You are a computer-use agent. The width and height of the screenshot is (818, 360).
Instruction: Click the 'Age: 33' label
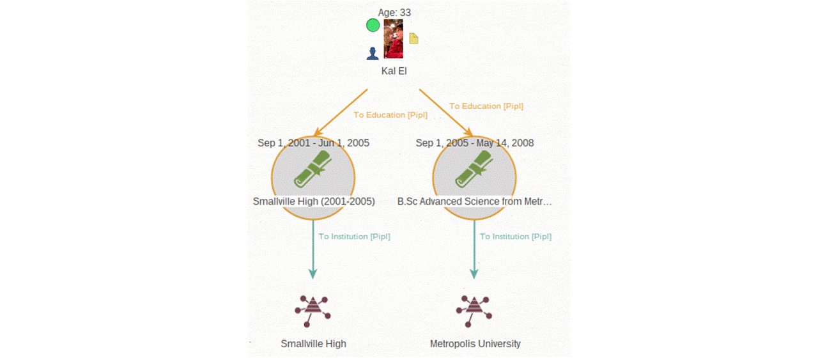coord(394,13)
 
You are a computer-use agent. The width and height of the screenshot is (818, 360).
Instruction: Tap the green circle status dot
coord(373,25)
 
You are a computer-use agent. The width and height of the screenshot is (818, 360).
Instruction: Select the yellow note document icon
coord(413,38)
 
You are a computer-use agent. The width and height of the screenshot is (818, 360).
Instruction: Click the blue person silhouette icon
coord(373,53)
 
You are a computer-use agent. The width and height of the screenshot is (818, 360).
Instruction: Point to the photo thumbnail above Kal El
coord(393,39)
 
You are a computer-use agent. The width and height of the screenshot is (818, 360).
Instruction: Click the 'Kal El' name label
coord(394,71)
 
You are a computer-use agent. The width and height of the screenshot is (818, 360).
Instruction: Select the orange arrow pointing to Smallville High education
coord(341,113)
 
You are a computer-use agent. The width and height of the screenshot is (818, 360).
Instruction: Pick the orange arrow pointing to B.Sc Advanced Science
coord(446,113)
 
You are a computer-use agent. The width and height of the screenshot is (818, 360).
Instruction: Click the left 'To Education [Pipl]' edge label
coord(390,114)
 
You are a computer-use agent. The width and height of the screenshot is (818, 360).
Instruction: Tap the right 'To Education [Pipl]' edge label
coord(486,106)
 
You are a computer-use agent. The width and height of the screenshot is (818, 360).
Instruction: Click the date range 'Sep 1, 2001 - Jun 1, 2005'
coord(313,143)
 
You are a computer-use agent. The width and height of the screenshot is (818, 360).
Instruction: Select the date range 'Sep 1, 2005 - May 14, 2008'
coord(475,143)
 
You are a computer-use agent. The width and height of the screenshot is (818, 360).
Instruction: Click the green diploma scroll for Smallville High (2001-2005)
coord(313,169)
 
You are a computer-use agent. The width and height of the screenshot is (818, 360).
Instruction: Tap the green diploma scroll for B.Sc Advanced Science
coord(474,169)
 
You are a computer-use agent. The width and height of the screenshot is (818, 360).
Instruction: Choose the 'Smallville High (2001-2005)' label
coord(314,201)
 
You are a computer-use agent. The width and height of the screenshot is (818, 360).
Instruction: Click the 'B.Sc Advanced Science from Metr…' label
coord(474,201)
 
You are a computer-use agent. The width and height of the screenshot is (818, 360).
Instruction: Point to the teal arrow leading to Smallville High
coord(313,249)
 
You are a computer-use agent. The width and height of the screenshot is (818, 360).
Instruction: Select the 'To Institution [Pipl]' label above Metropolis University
coord(515,237)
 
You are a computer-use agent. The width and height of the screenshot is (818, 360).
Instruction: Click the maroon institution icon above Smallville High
coord(313,311)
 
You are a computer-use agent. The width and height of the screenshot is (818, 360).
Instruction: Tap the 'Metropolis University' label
coord(475,344)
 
